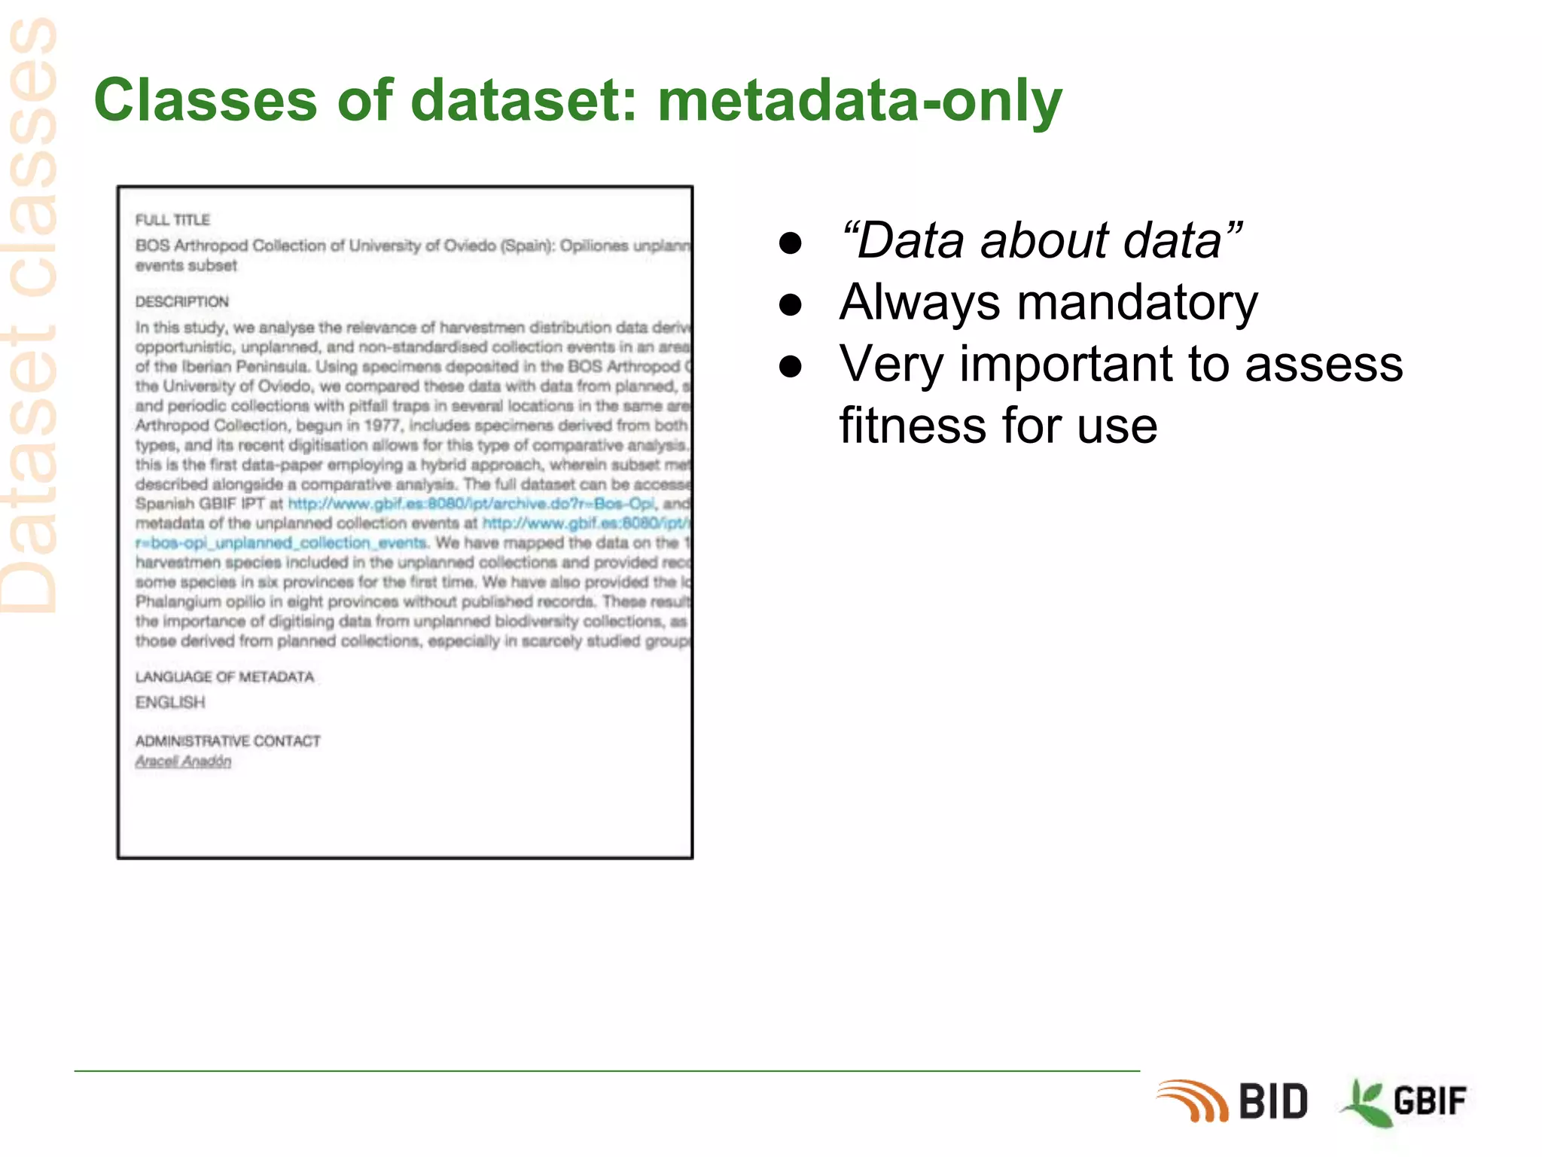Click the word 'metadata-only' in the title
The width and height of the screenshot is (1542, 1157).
pos(859,100)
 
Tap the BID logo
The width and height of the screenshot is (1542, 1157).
pos(1235,1101)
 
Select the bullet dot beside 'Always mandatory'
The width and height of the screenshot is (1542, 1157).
pos(790,304)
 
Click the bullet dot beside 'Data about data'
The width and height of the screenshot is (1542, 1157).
pos(790,243)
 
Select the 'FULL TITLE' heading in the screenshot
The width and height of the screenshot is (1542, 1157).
pos(172,220)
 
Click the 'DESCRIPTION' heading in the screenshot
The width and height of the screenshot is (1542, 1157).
pos(181,302)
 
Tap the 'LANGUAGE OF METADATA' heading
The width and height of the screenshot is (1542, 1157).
pos(224,677)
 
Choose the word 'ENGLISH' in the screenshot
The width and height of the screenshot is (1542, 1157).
pos(170,703)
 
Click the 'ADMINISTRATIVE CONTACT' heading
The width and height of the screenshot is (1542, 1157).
pos(227,741)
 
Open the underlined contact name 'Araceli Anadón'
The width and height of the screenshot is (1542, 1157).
pos(183,762)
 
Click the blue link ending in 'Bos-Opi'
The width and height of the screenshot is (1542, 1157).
pos(471,504)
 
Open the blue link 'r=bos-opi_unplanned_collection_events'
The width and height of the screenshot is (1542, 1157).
pos(281,543)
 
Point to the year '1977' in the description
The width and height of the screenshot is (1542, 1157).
pos(383,426)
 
